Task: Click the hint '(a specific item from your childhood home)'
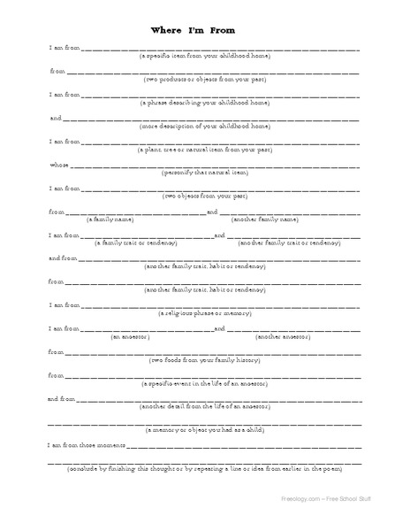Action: tap(205, 56)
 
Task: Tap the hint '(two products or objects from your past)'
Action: tap(205, 80)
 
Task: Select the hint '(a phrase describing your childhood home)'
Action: tap(205, 104)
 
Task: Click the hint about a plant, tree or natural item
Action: tap(205, 151)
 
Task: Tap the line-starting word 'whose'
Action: tap(58, 164)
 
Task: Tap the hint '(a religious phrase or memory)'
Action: tap(205, 313)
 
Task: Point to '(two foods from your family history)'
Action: tap(205, 361)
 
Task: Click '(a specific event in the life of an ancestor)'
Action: tap(205, 385)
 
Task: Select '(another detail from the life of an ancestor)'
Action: tap(205, 408)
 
